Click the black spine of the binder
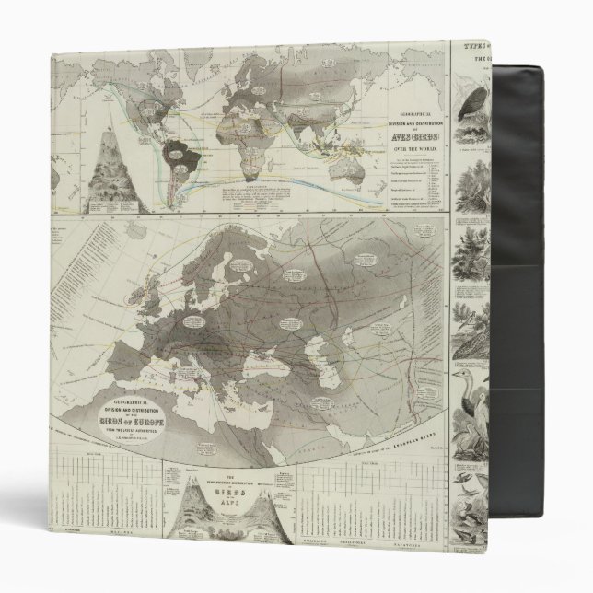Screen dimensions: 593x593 tap(552, 276)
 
